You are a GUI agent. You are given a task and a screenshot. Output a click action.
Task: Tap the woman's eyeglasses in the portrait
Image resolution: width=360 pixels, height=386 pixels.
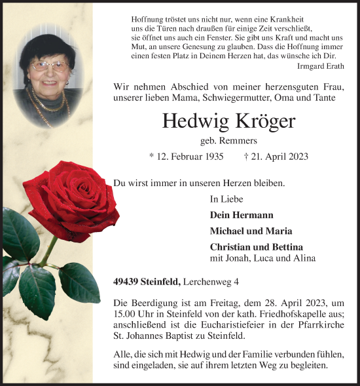tap(50, 66)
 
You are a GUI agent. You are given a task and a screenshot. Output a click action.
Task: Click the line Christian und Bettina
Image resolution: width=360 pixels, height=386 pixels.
tap(256, 246)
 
